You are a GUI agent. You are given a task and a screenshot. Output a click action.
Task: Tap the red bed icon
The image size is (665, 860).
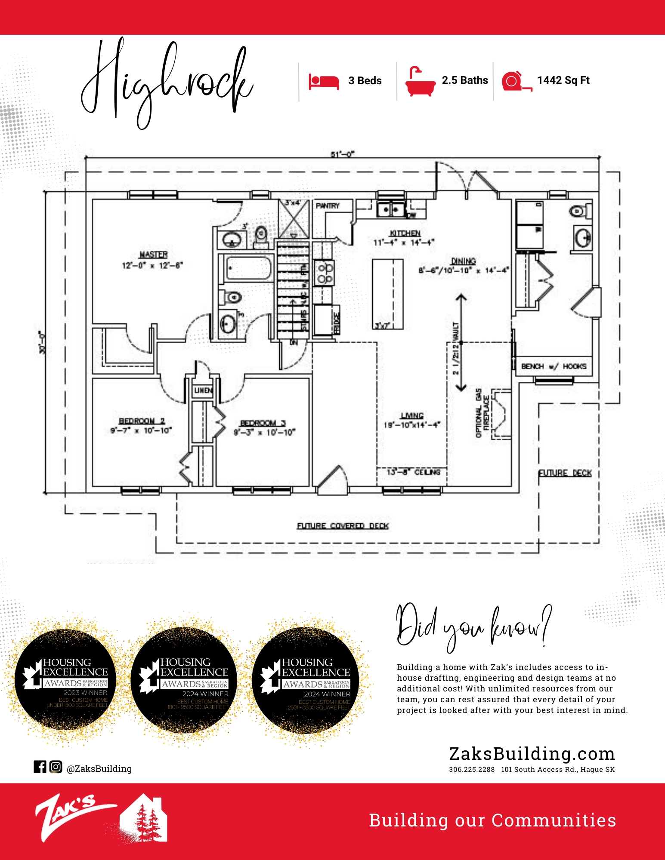click(324, 81)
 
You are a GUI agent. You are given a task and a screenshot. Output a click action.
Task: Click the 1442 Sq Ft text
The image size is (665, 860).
click(563, 80)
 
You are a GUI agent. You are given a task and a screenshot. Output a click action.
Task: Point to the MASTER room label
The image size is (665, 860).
click(153, 255)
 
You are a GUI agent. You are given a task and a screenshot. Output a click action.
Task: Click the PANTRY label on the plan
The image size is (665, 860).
click(328, 206)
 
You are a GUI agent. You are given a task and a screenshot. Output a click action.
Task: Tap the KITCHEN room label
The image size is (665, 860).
click(405, 233)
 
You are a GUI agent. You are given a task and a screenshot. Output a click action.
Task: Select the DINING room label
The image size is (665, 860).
click(463, 261)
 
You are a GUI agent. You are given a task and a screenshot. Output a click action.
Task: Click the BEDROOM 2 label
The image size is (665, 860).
click(142, 421)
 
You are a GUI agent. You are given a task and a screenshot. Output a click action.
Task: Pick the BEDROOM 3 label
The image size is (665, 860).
click(263, 423)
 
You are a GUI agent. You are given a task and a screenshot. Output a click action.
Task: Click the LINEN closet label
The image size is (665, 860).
click(203, 390)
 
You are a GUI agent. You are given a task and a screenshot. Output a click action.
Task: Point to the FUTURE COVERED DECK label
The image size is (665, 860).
click(343, 526)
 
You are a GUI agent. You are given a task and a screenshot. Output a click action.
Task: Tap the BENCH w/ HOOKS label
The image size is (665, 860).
click(554, 366)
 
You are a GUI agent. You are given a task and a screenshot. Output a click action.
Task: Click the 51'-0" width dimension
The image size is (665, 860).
click(342, 154)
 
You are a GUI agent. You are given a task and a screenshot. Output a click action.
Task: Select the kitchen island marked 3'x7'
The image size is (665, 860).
click(387, 294)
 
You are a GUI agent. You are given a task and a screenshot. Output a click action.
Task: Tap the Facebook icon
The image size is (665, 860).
click(40, 767)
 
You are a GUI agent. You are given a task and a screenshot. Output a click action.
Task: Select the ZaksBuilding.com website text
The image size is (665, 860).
click(532, 754)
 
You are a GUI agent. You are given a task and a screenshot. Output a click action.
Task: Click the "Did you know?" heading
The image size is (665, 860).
click(473, 626)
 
